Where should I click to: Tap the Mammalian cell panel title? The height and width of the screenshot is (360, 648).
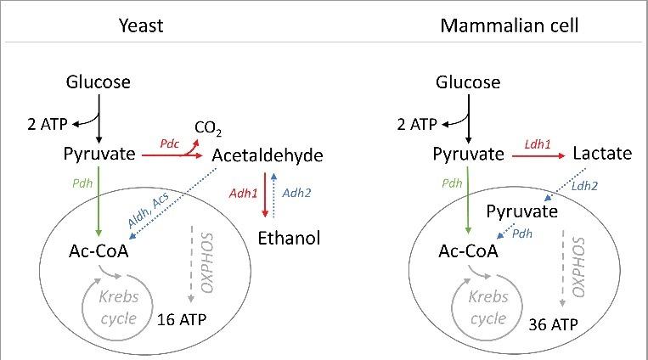[x=510, y=25]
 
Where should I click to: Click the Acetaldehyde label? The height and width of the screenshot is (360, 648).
[x=268, y=156]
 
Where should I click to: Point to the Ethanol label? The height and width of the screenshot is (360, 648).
[x=289, y=239]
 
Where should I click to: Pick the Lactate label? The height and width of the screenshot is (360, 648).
[x=602, y=154]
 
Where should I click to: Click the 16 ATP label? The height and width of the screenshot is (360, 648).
[x=182, y=320]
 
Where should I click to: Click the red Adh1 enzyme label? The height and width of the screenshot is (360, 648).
[x=244, y=194]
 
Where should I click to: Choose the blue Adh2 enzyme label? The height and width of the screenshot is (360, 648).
[x=296, y=194]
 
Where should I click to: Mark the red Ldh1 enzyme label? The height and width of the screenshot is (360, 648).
[x=538, y=144]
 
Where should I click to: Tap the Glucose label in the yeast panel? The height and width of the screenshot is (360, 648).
[x=99, y=82]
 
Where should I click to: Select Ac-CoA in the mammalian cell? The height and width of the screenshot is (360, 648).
[x=466, y=252]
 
